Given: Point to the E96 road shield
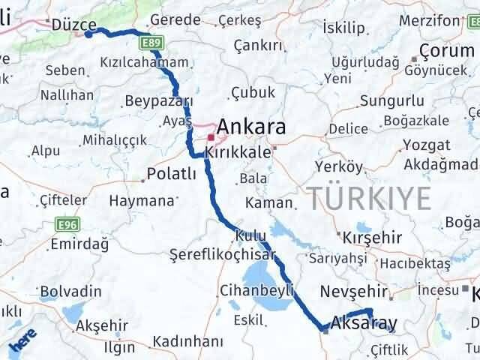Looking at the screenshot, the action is click(67, 223).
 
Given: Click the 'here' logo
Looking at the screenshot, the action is click(22, 343).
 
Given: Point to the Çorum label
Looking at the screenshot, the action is click(447, 50).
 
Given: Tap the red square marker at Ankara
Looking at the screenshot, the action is click(211, 138).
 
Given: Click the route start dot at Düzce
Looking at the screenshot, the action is click(88, 34).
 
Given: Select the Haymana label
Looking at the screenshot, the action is click(141, 201).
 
